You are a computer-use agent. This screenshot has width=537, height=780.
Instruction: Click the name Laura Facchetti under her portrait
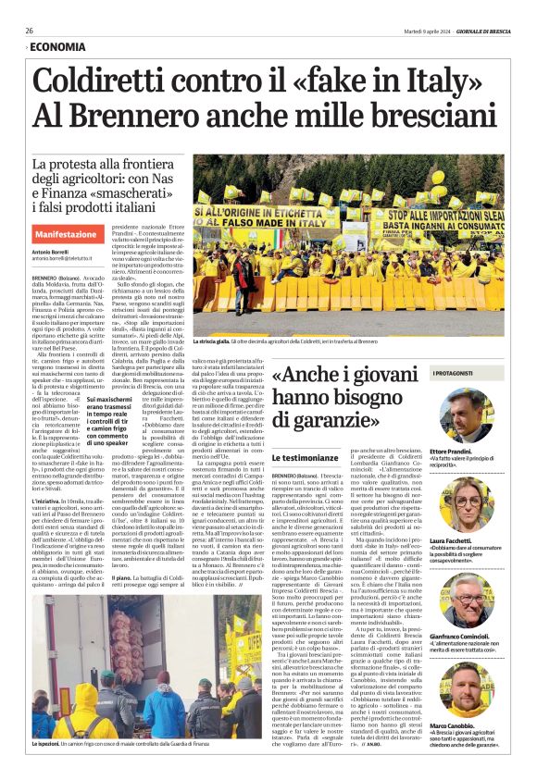click(452, 541)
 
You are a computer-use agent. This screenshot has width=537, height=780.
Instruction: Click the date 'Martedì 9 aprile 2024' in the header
click(410, 30)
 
